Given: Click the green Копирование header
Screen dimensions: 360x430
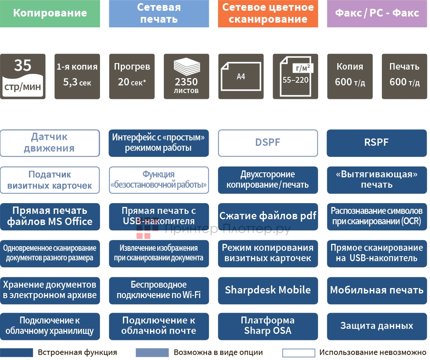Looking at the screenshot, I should (50, 13).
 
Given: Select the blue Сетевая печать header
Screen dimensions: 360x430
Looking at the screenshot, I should (159, 13).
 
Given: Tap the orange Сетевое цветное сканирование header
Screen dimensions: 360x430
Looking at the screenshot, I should (268, 13).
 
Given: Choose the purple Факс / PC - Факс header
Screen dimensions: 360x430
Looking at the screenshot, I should (377, 13).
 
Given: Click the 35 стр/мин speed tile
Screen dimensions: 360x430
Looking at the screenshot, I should (23, 76).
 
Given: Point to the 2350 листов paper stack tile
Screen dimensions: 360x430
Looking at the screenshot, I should (187, 76).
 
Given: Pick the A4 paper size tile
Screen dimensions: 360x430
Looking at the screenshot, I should (241, 76).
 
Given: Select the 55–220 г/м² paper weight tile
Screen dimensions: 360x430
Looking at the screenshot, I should (295, 76).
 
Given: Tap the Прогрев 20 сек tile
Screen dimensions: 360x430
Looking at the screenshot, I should (132, 76).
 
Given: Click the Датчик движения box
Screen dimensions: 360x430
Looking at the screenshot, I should (50, 143).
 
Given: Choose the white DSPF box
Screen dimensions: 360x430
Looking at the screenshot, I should (268, 143).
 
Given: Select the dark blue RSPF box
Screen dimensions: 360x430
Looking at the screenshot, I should (377, 143).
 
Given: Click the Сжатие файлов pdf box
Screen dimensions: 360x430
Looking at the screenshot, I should (268, 216).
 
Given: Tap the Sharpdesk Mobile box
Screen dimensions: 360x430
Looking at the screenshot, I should (268, 290).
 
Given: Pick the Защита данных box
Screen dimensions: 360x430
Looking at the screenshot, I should (377, 326).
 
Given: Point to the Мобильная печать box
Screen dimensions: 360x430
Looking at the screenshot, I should (377, 290).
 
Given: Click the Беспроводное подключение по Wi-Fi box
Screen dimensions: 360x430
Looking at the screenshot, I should (159, 290).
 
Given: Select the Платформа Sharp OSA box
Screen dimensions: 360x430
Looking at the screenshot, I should (268, 326).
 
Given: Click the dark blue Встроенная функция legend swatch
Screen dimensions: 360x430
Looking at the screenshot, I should (16, 353).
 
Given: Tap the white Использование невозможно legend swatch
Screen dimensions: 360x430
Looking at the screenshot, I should (298, 353).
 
